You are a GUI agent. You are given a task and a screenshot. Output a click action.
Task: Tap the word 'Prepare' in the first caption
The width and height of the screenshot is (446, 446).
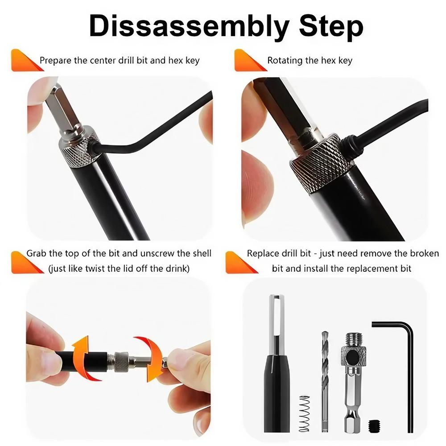tap(56, 60)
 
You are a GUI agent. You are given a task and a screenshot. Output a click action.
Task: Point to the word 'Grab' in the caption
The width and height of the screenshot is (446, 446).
tap(37, 253)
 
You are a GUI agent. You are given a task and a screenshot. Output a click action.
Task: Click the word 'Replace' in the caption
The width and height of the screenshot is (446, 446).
tap(262, 253)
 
